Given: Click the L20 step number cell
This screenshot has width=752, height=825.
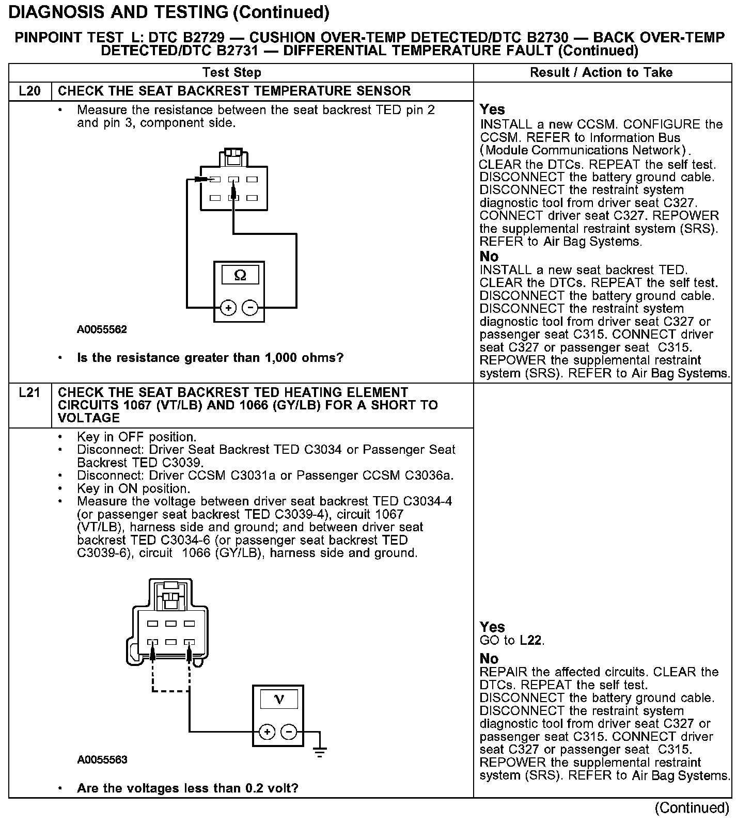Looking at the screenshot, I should pos(29,91).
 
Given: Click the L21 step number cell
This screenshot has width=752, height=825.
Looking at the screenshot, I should pos(29,393).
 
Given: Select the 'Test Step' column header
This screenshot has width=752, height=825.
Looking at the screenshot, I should pos(232,73).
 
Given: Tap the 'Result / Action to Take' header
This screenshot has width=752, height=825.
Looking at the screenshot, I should pos(601,73).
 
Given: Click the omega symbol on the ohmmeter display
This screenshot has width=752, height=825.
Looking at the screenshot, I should pos(240,275).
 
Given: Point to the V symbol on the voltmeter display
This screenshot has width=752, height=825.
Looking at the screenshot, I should pos(279,700).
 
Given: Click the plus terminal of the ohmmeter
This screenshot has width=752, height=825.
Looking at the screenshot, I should pos(228,308).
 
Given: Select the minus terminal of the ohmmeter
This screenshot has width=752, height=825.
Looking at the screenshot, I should pos(250,308).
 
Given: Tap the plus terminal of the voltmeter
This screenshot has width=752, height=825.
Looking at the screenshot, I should pos(267,732).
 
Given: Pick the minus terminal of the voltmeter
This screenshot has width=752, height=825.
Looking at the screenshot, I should pos(289,732).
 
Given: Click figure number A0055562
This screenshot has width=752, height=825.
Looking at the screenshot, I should pos(102,329).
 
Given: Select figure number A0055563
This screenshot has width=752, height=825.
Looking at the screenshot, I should pos(102,760).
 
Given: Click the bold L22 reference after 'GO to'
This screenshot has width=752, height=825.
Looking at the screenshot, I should pos(530,641).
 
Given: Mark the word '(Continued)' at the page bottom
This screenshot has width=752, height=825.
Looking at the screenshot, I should pos(692,808).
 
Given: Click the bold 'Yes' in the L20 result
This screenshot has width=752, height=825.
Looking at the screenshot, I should pos(492,109).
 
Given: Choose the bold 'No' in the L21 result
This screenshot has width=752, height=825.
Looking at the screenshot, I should pos(489,659).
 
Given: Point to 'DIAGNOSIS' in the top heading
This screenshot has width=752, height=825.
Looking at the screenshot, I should pos(57,12).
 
